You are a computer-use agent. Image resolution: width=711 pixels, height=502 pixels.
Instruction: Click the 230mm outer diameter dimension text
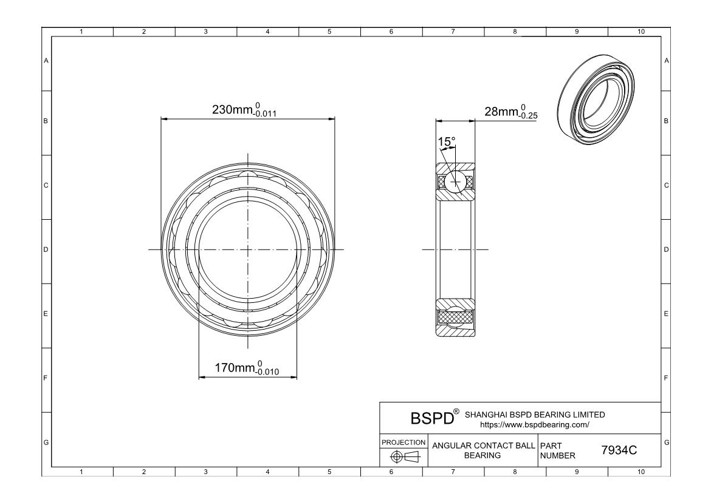244,110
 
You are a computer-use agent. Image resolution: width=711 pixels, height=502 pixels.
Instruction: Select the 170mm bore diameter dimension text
247,368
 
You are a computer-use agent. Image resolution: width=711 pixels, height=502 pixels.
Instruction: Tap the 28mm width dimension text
511,112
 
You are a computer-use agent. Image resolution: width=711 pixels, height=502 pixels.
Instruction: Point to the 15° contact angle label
446,142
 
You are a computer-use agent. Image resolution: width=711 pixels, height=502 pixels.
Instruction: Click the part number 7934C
619,450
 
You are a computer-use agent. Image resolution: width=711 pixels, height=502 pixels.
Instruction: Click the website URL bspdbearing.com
535,425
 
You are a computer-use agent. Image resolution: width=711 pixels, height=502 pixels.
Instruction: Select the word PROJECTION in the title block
404,442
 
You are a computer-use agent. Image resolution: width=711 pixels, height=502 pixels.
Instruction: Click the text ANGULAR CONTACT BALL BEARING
483,450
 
